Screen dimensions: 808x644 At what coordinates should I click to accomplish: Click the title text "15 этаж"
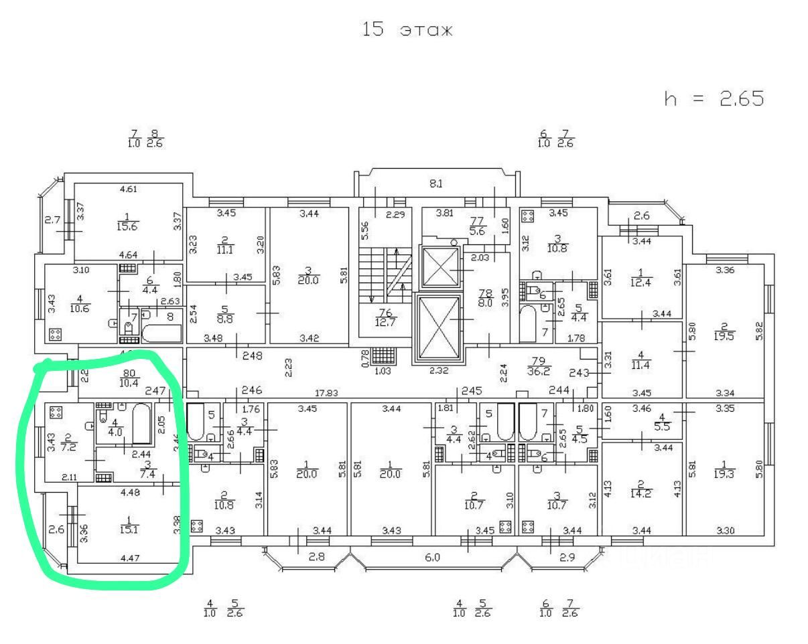pos(407,30)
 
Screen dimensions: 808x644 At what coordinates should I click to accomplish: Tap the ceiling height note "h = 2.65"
pos(714,99)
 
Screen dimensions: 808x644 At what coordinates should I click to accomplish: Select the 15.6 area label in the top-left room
pos(127,226)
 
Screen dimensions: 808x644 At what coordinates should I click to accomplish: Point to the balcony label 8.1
pos(436,183)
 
